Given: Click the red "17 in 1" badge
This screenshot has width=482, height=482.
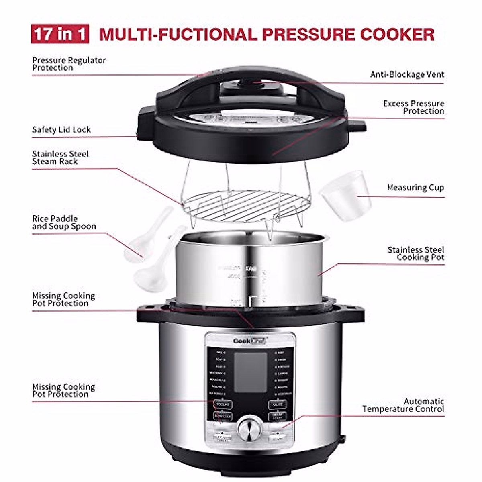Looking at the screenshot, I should pos(60,34).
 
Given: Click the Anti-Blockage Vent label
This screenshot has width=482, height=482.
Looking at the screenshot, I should pos(407,74).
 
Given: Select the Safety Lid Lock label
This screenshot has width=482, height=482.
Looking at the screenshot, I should pos(61,130).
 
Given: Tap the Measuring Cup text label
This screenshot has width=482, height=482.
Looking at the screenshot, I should pos(415,188).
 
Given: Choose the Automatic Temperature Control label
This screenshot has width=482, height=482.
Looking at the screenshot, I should pos(403,405).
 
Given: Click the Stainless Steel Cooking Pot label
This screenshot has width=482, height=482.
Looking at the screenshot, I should pos(416,253).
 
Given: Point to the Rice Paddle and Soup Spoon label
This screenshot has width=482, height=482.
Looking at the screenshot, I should pos(64,223).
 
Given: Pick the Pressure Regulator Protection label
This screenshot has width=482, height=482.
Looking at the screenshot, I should pos(69,64).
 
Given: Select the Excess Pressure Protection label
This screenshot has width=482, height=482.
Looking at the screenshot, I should pos(413,107).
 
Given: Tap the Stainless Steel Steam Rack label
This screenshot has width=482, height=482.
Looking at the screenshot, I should pos(60,157).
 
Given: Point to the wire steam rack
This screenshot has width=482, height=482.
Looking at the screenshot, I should pos(246,205).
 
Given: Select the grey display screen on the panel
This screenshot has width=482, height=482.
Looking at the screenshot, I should pos(250,372).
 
